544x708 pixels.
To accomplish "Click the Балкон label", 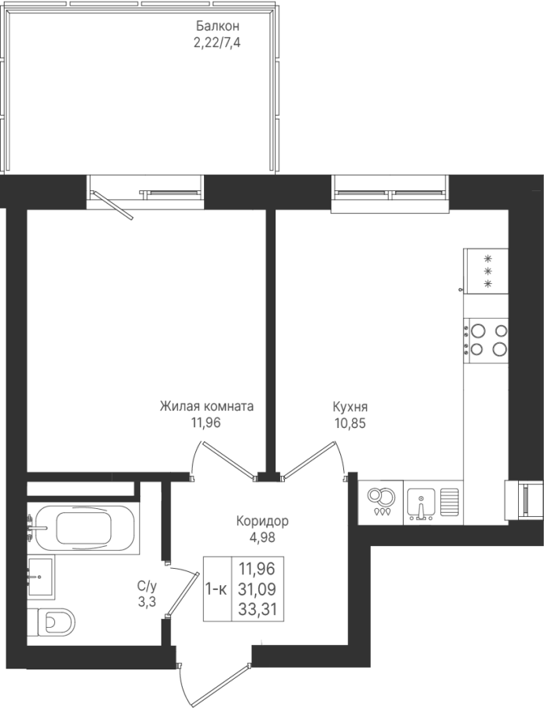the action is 218,26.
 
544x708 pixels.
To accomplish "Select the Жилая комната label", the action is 206,407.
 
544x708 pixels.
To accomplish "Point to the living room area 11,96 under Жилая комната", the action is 205,423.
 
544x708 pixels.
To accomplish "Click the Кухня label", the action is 350,407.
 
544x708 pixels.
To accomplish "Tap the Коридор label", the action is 262,522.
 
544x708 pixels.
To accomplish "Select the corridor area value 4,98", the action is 261,538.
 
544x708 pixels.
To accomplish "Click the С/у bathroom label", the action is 146,587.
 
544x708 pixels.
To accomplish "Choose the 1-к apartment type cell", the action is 216,588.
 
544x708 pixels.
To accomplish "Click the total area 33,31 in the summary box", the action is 257,610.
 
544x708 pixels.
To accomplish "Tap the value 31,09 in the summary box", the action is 257,588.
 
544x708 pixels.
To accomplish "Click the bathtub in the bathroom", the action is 83,527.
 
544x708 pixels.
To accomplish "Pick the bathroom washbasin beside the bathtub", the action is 41,577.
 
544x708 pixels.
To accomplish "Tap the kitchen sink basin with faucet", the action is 420,503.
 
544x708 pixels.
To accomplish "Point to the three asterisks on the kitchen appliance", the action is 487,271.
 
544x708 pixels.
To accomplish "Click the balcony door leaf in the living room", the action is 113,205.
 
